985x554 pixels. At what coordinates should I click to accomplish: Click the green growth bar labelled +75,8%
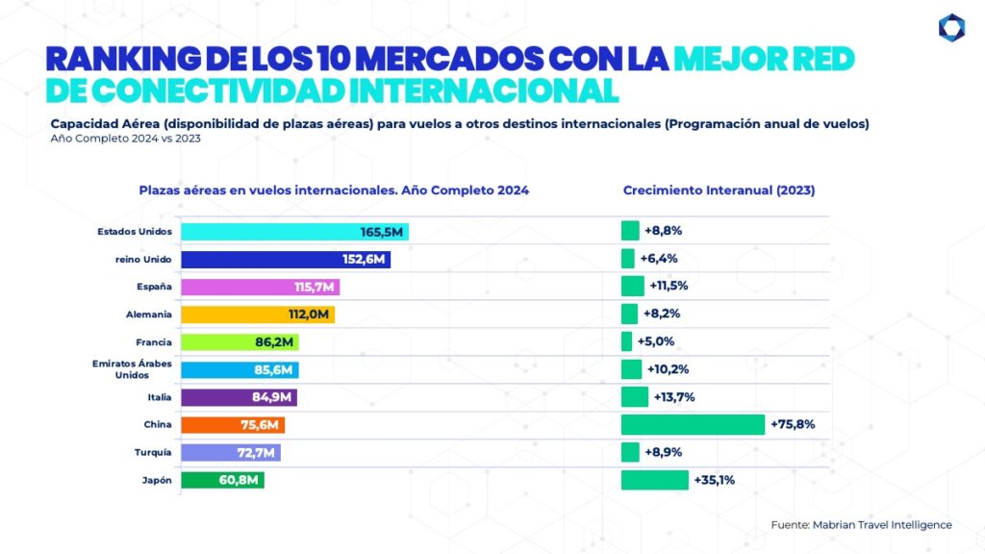(693, 424)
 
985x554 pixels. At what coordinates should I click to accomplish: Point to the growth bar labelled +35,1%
(655, 480)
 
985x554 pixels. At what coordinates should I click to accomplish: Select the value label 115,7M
(315, 288)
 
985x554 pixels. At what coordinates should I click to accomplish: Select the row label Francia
(154, 341)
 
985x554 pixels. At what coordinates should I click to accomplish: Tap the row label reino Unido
(143, 260)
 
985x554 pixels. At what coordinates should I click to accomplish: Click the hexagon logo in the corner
(951, 28)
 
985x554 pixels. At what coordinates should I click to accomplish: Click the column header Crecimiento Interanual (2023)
(719, 190)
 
